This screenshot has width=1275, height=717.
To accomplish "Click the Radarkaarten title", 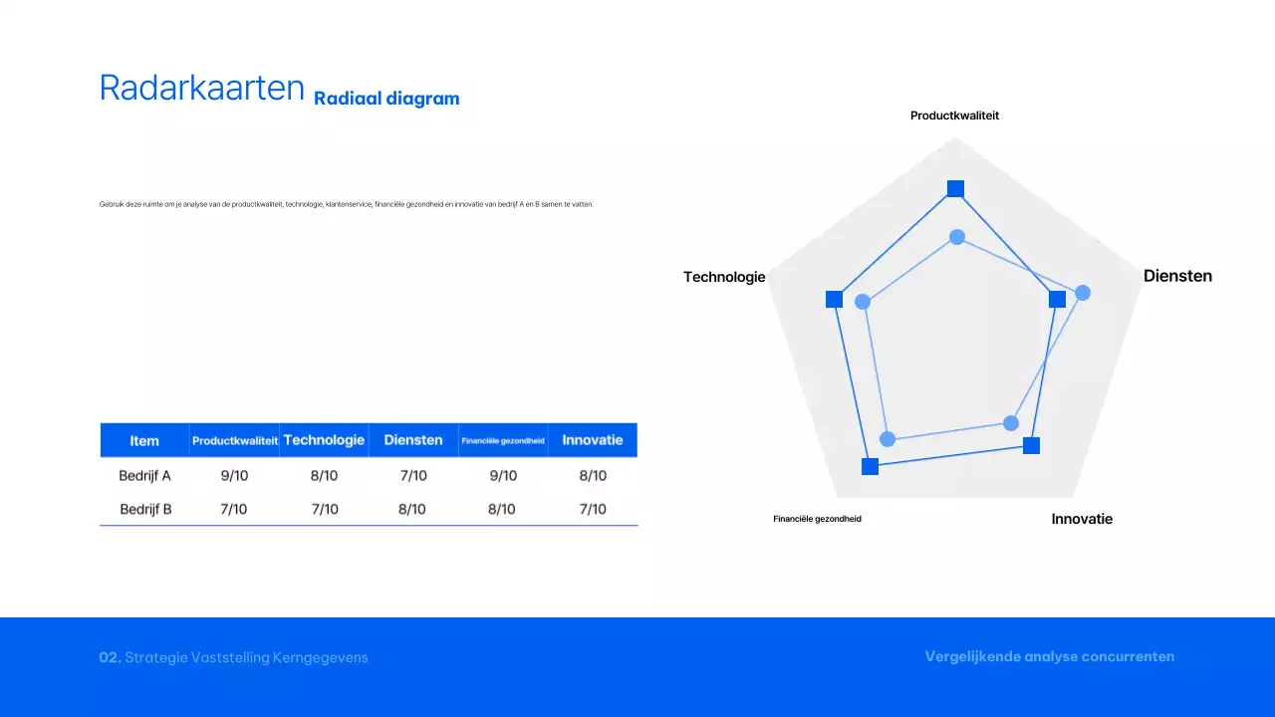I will click(x=201, y=89).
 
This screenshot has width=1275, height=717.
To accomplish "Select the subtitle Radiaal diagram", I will click(x=386, y=99).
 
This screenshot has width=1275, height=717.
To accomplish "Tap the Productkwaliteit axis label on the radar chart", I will click(x=954, y=116).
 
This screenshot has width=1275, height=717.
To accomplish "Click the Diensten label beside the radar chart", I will click(x=1177, y=276).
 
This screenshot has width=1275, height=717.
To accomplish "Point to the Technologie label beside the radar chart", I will click(x=724, y=277).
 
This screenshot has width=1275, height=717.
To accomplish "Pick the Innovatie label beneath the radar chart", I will click(x=1082, y=519).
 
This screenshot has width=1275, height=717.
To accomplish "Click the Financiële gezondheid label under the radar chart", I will click(x=817, y=519).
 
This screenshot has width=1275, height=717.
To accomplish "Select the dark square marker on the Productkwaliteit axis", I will click(x=955, y=189).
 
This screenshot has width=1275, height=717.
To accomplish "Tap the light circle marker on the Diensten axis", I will click(x=1083, y=293).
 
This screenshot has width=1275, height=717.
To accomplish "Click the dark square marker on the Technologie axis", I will click(x=835, y=300).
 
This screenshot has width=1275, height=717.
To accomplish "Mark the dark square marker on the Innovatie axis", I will click(x=1031, y=445).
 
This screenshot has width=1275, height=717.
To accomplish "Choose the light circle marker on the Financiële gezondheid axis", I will click(x=889, y=439).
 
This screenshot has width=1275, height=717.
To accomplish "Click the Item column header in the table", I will click(x=144, y=440).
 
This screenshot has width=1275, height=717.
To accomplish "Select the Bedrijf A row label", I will click(x=145, y=475).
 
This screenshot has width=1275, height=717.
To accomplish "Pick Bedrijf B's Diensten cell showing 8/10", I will click(x=412, y=509).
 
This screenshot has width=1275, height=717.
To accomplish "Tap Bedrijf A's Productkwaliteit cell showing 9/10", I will click(x=234, y=475).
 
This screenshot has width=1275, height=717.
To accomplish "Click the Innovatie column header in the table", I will click(x=593, y=440).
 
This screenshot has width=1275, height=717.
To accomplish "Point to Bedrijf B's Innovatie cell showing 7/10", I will click(x=593, y=509).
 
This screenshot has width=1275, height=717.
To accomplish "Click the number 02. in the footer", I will click(x=110, y=657).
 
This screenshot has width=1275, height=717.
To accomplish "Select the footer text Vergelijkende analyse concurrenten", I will click(x=1049, y=656).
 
